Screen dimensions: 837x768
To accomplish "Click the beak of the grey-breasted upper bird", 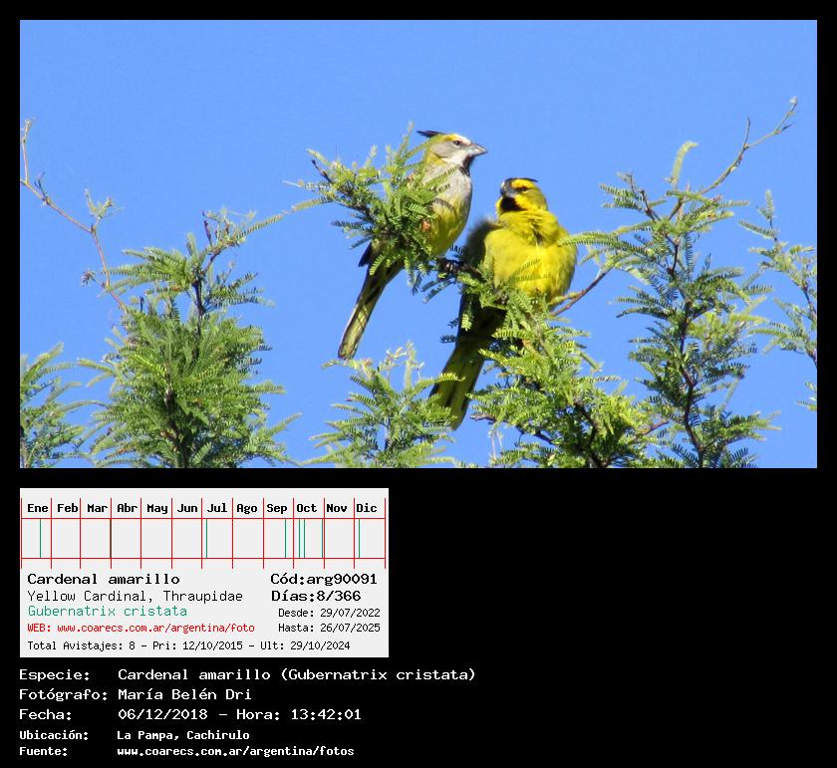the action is tap(476, 150).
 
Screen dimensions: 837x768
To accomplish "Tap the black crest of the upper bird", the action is tap(430, 133).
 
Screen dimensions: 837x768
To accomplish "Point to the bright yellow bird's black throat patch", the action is tap(509, 205).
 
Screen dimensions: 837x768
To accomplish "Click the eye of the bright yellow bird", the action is tap(515, 187).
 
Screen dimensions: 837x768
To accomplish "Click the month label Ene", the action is tap(38, 508).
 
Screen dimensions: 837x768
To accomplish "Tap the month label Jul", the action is tap(217, 508).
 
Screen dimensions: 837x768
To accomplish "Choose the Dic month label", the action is tap(367, 508).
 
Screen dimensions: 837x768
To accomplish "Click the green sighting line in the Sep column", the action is tap(285, 539).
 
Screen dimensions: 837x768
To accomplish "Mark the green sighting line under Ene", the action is tap(40, 539).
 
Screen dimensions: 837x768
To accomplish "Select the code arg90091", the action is tap(342, 579).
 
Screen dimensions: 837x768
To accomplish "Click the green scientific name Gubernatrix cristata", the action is tap(108, 612).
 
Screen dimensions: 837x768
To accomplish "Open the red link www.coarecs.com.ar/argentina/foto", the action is tap(155, 629).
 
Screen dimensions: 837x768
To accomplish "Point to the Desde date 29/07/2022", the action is tap(350, 613).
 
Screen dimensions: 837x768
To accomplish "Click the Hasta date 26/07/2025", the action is tap(350, 629).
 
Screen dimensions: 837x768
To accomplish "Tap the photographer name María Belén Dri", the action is tap(184, 694).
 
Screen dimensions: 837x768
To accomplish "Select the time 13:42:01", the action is tap(326, 714).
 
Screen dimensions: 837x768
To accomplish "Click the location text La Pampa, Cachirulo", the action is tap(183, 735).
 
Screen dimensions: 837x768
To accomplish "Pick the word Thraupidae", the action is tap(203, 596).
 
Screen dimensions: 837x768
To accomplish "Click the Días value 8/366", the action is tap(339, 596).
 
